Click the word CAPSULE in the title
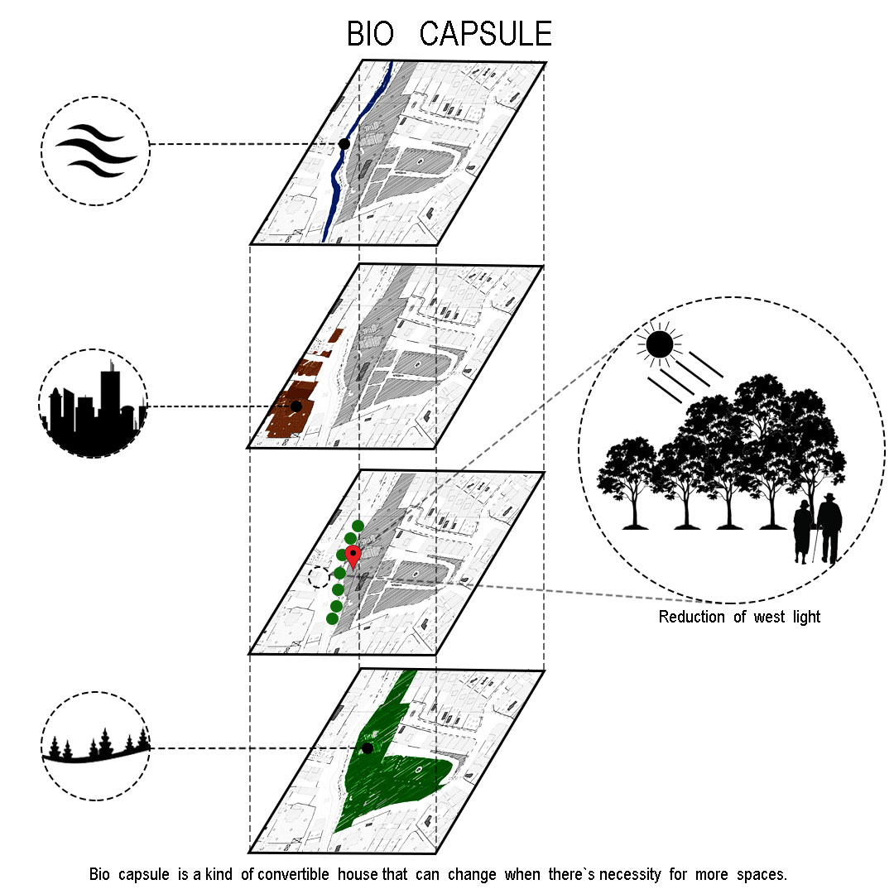[485, 35]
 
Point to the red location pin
[353, 555]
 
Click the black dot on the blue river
[344, 144]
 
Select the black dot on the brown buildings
[296, 406]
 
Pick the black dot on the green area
[368, 748]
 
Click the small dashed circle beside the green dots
[319, 576]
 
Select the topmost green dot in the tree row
[358, 526]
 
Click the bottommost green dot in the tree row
[332, 618]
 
